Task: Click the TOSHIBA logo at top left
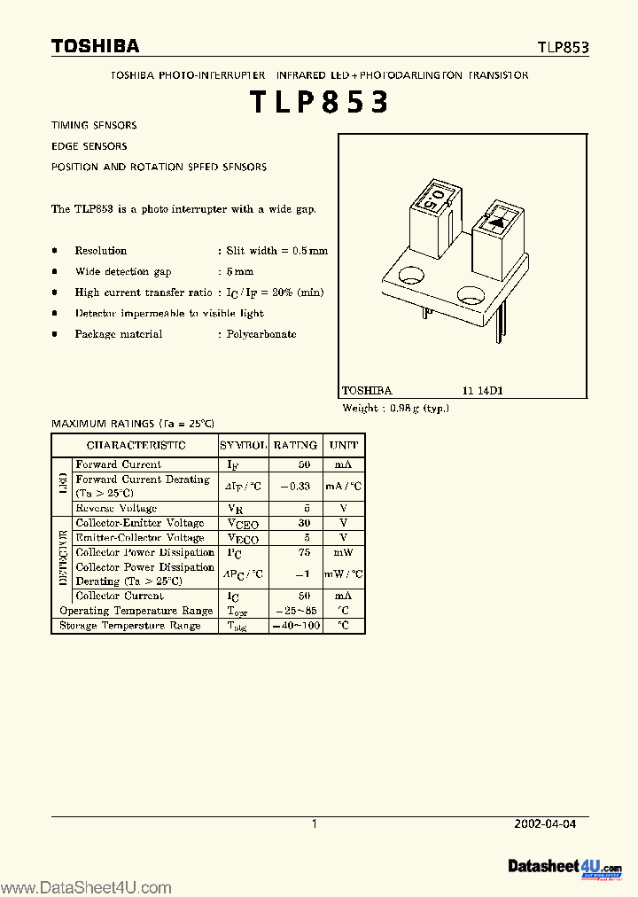(95, 46)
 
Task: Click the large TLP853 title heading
(319, 104)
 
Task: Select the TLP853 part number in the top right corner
(562, 48)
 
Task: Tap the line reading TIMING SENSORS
(94, 126)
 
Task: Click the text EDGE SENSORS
(89, 146)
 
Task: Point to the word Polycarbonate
(261, 334)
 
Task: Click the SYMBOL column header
(243, 445)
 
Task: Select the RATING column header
(295, 445)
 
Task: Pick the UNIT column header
(344, 445)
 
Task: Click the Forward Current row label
(119, 464)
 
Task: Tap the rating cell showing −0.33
(295, 486)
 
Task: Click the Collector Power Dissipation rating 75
(304, 552)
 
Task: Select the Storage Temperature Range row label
(129, 626)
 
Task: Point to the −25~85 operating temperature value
(298, 611)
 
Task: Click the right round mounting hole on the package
(470, 294)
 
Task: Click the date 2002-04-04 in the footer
(545, 823)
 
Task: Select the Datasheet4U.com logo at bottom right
(564, 866)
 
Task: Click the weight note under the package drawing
(396, 408)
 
